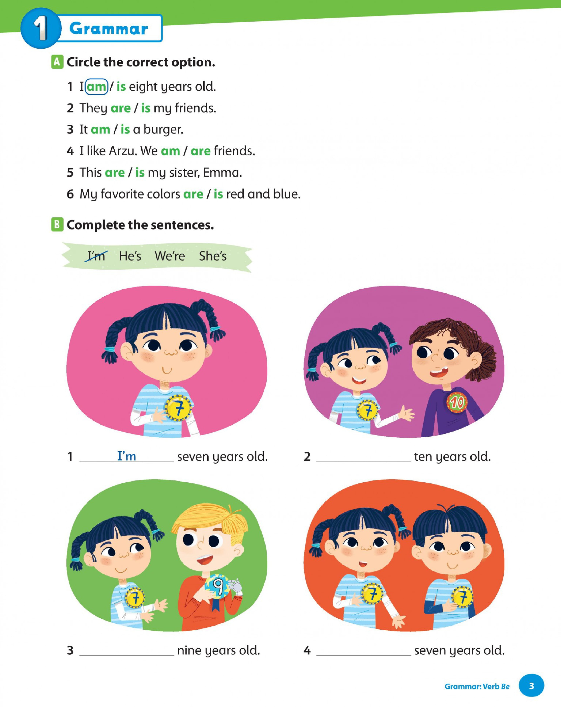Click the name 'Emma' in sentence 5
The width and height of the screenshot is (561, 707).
221,173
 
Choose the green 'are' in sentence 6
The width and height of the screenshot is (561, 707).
193,194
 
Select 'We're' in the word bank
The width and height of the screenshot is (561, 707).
170,256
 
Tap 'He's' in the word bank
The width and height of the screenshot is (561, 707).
130,256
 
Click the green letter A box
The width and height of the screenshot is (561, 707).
57,62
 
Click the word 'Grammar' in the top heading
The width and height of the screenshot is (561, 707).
109,29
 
